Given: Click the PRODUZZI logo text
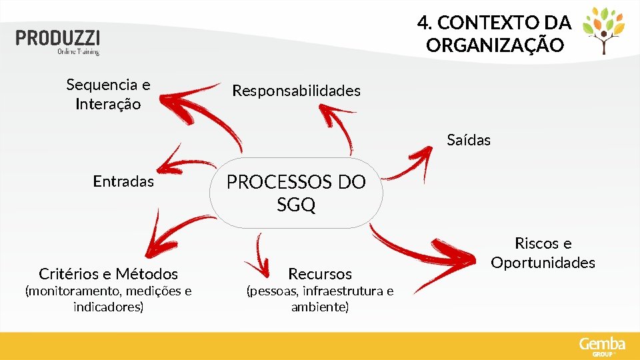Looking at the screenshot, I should [x=58, y=37].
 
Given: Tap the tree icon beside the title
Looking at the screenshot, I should [x=604, y=31].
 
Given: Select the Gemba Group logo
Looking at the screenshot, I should [x=602, y=346].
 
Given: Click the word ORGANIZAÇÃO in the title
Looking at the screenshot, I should [x=495, y=46].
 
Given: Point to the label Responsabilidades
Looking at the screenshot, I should [x=296, y=91].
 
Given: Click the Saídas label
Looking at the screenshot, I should [x=469, y=140].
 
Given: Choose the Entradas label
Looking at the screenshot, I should [x=123, y=181].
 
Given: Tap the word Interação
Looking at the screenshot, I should [x=108, y=105].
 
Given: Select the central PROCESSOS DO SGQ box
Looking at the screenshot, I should [x=296, y=193].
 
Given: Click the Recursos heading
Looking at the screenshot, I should [x=319, y=273].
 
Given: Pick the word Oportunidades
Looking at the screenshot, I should [x=543, y=263].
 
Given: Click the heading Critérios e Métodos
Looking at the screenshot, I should [x=109, y=273].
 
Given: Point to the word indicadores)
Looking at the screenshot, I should [x=108, y=307].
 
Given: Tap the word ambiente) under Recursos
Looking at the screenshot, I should [x=319, y=307].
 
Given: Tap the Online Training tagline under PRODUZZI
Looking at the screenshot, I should [x=78, y=51].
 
